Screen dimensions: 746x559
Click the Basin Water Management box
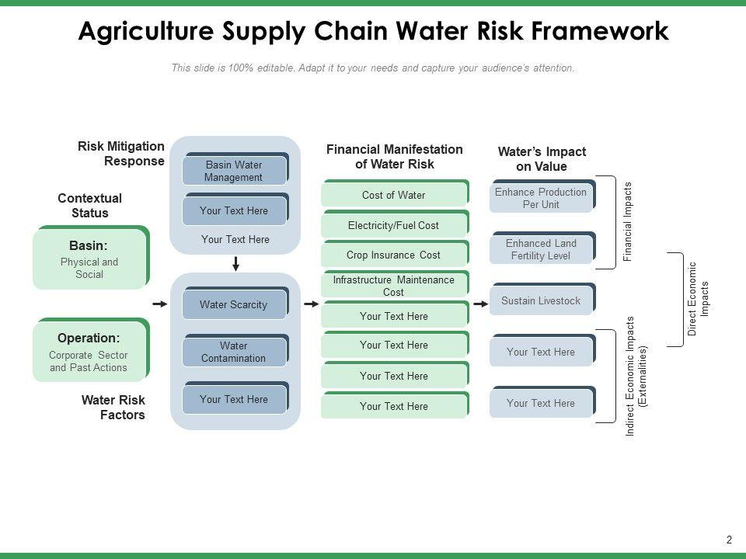coord(234,172)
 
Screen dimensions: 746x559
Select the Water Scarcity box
coord(233,305)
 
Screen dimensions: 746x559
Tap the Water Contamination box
coord(233,352)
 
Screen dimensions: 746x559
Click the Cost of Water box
coord(393,196)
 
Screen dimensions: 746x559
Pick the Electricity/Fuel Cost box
coord(393,226)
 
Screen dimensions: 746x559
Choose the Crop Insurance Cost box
coord(393,255)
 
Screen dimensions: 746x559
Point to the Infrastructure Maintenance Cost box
coord(393,286)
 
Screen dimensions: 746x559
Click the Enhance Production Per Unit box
coord(541,199)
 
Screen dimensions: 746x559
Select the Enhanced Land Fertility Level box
coord(541,249)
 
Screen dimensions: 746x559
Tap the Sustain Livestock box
coord(541,301)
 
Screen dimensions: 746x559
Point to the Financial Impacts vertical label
coord(629,221)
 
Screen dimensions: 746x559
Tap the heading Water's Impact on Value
coord(542,159)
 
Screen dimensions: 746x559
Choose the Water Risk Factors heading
coord(113,408)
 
